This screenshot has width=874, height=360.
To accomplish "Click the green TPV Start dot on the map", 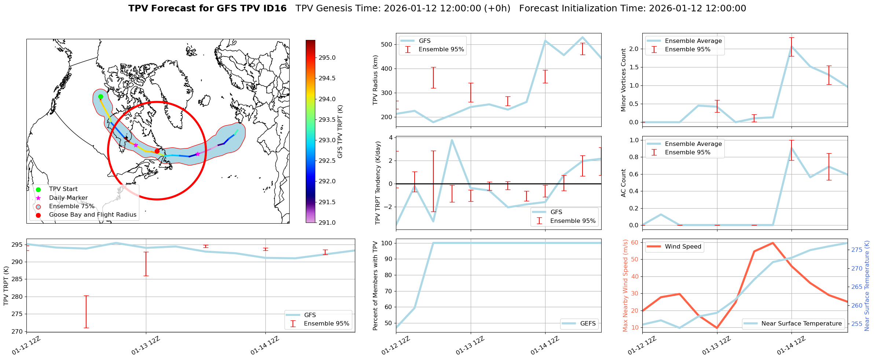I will [x=100, y=96].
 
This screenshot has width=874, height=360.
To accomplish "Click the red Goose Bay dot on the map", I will [x=157, y=151].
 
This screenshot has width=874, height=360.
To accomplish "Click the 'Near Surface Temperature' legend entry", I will [x=801, y=323].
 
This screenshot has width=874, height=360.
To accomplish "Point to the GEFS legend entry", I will [x=588, y=323].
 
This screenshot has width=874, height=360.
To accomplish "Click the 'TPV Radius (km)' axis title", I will [x=375, y=80].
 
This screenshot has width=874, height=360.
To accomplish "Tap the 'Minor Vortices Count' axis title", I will [x=624, y=80].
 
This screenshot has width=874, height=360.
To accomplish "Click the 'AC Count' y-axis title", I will [x=624, y=183].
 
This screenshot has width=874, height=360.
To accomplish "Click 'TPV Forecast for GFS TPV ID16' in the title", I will [x=208, y=8].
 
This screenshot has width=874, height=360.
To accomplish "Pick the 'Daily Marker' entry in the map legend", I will [x=68, y=198].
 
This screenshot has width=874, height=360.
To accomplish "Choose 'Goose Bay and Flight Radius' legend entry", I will [x=92, y=215].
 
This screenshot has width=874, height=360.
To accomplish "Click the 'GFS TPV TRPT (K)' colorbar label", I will [x=340, y=131].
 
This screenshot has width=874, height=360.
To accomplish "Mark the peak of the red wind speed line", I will [x=773, y=243].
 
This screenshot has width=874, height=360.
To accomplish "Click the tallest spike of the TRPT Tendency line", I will [x=452, y=140].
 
